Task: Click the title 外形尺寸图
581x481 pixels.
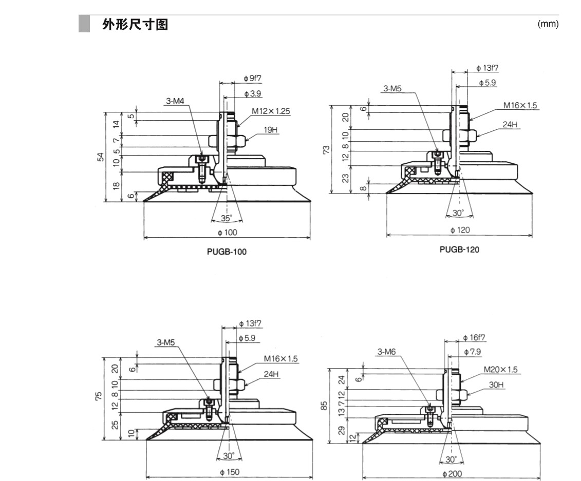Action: coord(136,24)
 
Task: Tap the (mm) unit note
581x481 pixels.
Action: coord(548,24)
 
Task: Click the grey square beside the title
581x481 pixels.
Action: coord(84,24)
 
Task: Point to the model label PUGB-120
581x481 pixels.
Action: coord(459,249)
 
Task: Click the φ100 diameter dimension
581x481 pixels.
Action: coord(228,233)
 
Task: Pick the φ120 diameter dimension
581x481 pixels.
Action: coord(459,230)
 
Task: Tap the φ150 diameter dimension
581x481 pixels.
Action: coord(230,472)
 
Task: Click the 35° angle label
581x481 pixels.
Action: coord(227,218)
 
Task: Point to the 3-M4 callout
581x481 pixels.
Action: coord(175,102)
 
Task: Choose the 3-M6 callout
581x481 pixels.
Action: coord(387,352)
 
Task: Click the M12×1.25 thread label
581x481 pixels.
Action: coord(271,110)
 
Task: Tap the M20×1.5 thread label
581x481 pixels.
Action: coord(500,369)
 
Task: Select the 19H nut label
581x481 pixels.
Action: coord(271,130)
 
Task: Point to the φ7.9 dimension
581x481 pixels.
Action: coord(472,352)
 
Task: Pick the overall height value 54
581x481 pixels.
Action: coord(100,157)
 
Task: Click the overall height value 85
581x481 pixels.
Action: coord(324,406)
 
